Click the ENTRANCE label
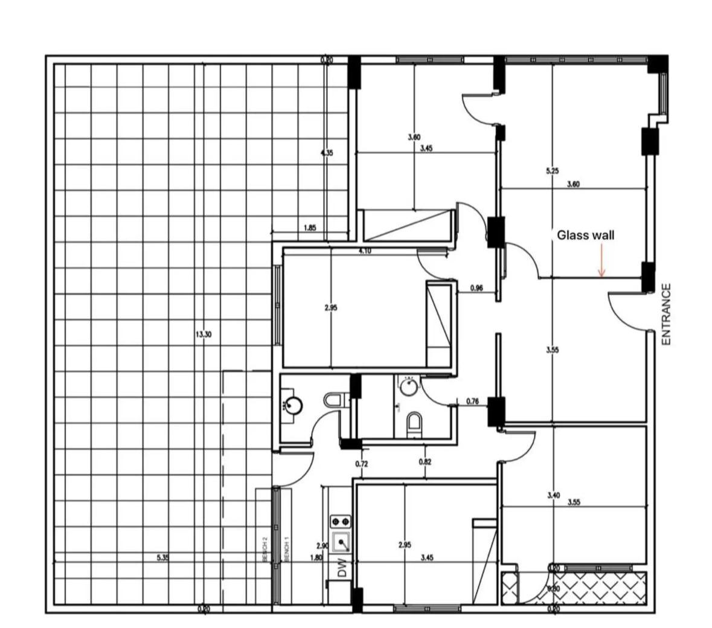(x=666, y=315)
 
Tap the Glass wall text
(x=585, y=235)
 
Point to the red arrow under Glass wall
(x=601, y=266)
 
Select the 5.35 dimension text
(x=162, y=558)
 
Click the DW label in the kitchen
(x=342, y=568)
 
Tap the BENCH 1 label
(x=287, y=550)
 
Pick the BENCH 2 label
(x=265, y=550)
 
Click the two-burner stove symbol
(x=340, y=520)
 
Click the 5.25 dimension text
(x=551, y=171)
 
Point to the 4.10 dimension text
(x=364, y=251)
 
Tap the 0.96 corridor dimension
(x=476, y=288)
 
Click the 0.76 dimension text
(x=473, y=400)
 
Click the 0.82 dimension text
(x=425, y=462)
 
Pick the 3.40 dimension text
(x=553, y=495)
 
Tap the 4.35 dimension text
(x=326, y=153)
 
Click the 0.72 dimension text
(x=361, y=464)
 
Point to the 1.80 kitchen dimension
(x=316, y=558)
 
